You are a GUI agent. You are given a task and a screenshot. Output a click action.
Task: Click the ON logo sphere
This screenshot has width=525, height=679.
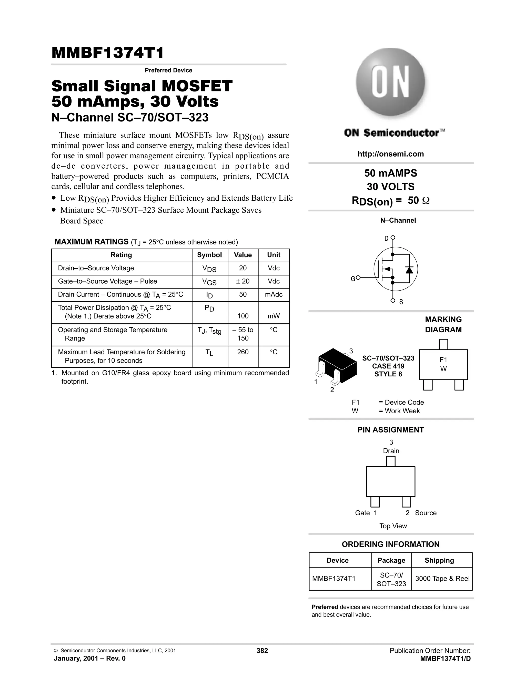click(x=390, y=82)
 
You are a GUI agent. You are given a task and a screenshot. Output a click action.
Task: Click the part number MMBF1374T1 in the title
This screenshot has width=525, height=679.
click(x=107, y=53)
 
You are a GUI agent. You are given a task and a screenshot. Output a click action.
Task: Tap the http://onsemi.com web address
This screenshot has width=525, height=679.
click(x=391, y=154)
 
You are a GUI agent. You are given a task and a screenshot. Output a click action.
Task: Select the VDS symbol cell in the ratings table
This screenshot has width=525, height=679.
click(x=209, y=269)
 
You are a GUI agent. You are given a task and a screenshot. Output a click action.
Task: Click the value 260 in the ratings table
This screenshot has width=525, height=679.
click(x=243, y=352)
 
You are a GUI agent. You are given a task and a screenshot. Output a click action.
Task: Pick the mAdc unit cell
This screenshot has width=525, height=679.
click(x=274, y=294)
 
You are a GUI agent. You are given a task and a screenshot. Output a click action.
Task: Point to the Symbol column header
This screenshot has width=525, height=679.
click(x=209, y=255)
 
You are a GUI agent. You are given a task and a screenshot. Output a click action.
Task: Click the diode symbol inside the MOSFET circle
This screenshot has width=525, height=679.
click(x=409, y=270)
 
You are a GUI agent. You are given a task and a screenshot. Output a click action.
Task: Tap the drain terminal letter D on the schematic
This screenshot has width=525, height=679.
click(x=386, y=239)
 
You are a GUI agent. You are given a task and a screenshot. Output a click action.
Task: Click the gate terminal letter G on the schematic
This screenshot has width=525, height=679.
click(x=353, y=279)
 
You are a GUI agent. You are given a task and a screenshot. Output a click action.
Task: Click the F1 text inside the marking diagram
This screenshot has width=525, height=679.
click(x=443, y=360)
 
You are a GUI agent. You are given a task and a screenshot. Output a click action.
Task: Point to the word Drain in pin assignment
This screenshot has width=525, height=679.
click(x=391, y=451)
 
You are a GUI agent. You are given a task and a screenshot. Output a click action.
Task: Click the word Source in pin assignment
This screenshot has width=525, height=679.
click(x=426, y=513)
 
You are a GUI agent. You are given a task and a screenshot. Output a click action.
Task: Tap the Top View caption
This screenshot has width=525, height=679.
click(x=393, y=526)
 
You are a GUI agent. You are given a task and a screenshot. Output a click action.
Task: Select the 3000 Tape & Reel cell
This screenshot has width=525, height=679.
click(x=442, y=579)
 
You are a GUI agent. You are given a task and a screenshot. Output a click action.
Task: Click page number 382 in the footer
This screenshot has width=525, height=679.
click(x=262, y=651)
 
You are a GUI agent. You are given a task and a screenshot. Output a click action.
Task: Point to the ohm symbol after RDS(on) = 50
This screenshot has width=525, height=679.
click(x=426, y=201)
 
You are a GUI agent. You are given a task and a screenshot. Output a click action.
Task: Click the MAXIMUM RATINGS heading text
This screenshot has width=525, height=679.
click(x=92, y=242)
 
